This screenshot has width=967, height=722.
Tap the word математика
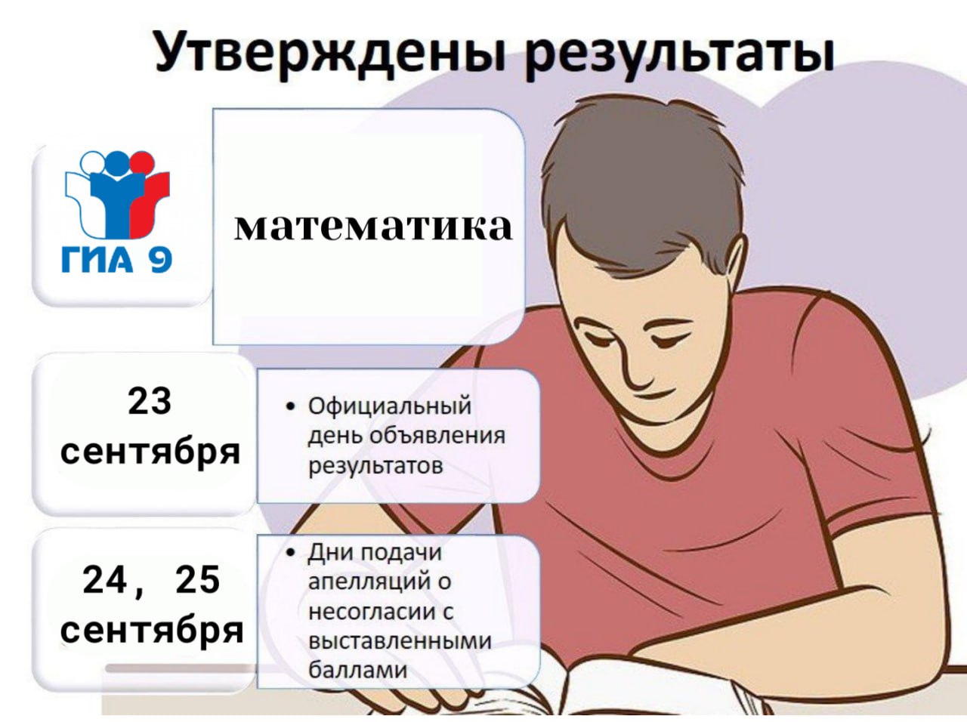pyautogui.click(x=373, y=227)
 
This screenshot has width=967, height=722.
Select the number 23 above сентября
pyautogui.click(x=150, y=402)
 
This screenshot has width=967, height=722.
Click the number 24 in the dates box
pyautogui.click(x=105, y=580)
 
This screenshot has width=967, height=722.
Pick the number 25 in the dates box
pyautogui.click(x=198, y=580)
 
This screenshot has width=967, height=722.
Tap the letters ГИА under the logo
pyautogui.click(x=97, y=261)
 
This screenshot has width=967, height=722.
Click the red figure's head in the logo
pyautogui.click(x=143, y=162)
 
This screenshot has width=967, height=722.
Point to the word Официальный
pyautogui.click(x=389, y=406)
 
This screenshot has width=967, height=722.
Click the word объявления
pyautogui.click(x=437, y=436)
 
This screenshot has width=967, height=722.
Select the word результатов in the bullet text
pyautogui.click(x=375, y=466)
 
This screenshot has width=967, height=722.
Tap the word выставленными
pyautogui.click(x=400, y=641)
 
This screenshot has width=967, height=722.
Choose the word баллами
pyautogui.click(x=357, y=670)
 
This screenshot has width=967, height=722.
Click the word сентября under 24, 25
pyautogui.click(x=152, y=631)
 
